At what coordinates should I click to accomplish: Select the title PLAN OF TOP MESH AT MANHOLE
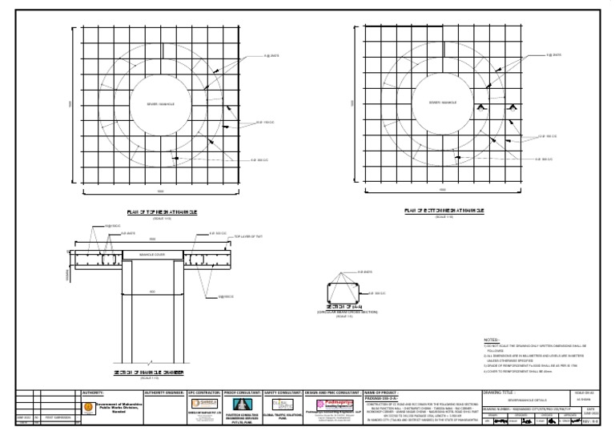click(x=161, y=211)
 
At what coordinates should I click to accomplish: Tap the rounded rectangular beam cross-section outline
click(x=345, y=289)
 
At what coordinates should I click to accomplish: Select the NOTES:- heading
click(x=494, y=340)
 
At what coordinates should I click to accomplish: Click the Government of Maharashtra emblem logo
click(x=88, y=407)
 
